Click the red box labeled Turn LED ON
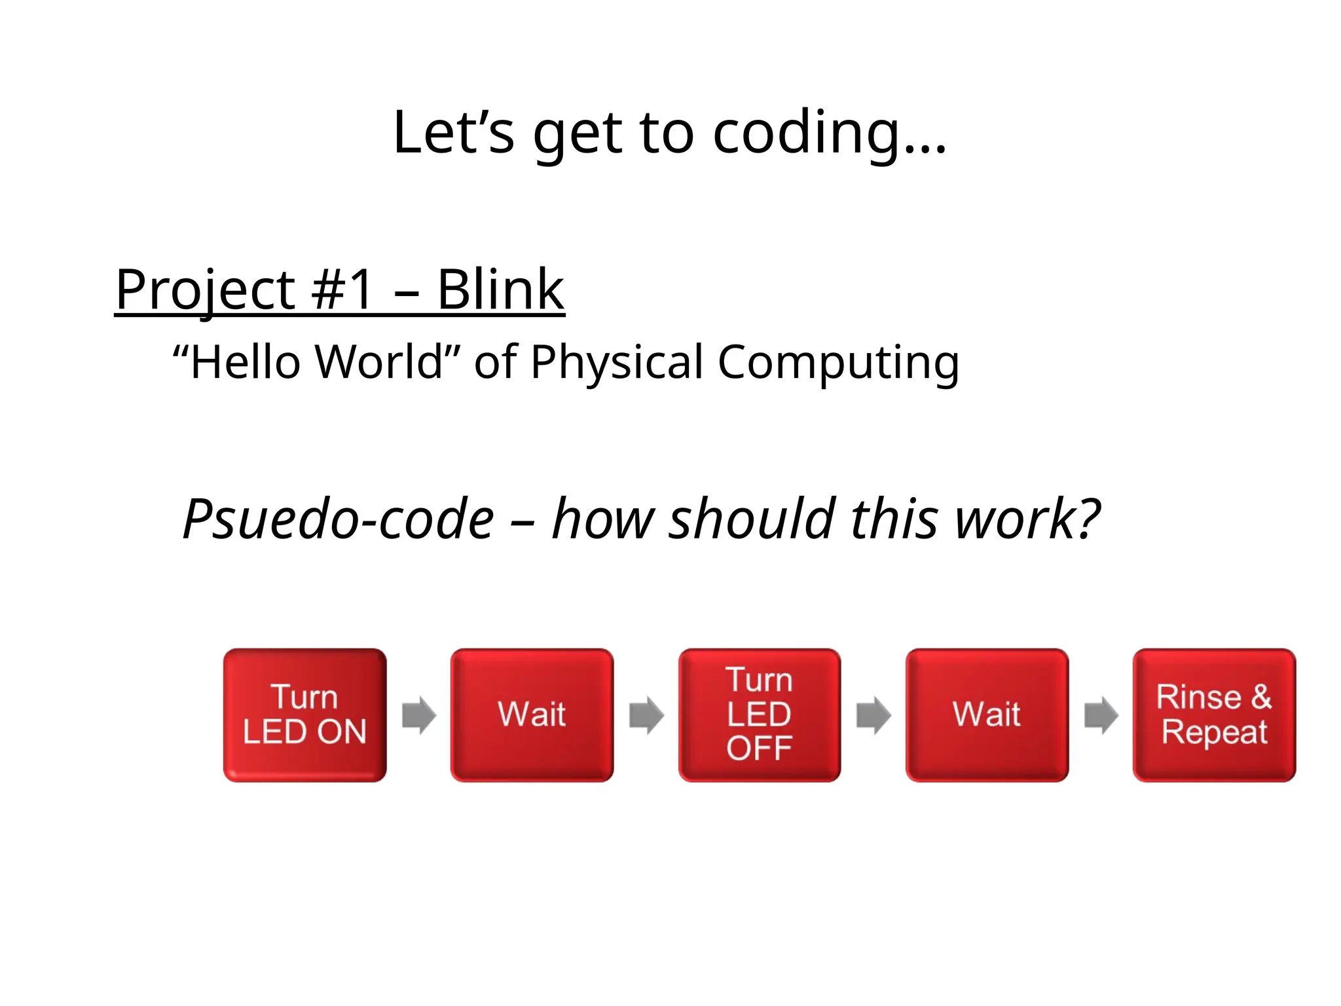pyautogui.click(x=304, y=715)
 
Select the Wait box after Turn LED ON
pyautogui.click(x=532, y=715)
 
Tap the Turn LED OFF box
pyautogui.click(x=760, y=715)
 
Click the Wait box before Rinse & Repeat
pyautogui.click(x=987, y=715)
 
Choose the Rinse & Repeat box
pyautogui.click(x=1214, y=715)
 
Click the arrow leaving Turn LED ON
pyautogui.click(x=419, y=715)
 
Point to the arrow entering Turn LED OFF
pyautogui.click(x=646, y=715)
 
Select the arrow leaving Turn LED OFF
pyautogui.click(x=873, y=715)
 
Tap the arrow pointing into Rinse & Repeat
pyautogui.click(x=1101, y=715)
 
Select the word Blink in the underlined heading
pyautogui.click(x=500, y=289)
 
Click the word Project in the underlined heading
pyautogui.click(x=205, y=291)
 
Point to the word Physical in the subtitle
pyautogui.click(x=616, y=362)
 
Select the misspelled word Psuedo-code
pyautogui.click(x=338, y=519)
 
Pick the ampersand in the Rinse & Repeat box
pyautogui.click(x=1261, y=696)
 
